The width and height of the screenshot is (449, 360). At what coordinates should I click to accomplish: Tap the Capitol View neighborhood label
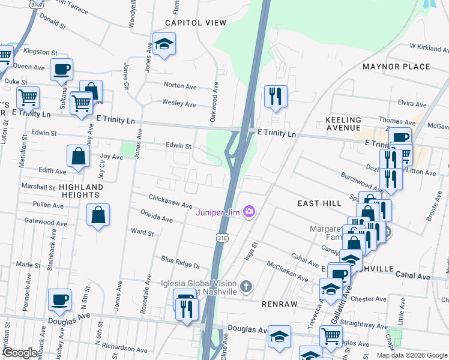(x=196, y=23)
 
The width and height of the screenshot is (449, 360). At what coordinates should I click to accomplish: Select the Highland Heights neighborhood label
(x=81, y=191)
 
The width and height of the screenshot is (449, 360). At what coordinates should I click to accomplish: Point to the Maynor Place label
(x=396, y=67)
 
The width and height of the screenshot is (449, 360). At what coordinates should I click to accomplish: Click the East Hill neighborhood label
(x=319, y=204)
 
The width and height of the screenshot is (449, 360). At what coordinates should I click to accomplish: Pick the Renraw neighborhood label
(x=280, y=304)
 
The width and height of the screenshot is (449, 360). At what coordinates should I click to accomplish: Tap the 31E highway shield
(x=221, y=238)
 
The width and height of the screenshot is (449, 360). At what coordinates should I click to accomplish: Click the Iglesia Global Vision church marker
(x=245, y=286)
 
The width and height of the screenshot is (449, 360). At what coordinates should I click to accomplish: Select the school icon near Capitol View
(x=163, y=44)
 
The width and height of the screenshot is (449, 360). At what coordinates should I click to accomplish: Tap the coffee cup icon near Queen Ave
(x=61, y=69)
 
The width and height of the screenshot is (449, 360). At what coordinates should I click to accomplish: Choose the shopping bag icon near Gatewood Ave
(x=98, y=215)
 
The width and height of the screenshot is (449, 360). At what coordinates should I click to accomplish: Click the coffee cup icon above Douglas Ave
(x=59, y=300)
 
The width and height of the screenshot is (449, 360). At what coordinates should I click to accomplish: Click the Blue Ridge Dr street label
(x=180, y=262)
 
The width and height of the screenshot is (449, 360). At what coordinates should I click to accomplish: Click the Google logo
(x=20, y=353)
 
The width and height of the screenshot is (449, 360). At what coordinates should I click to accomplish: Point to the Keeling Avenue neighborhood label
(x=343, y=124)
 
